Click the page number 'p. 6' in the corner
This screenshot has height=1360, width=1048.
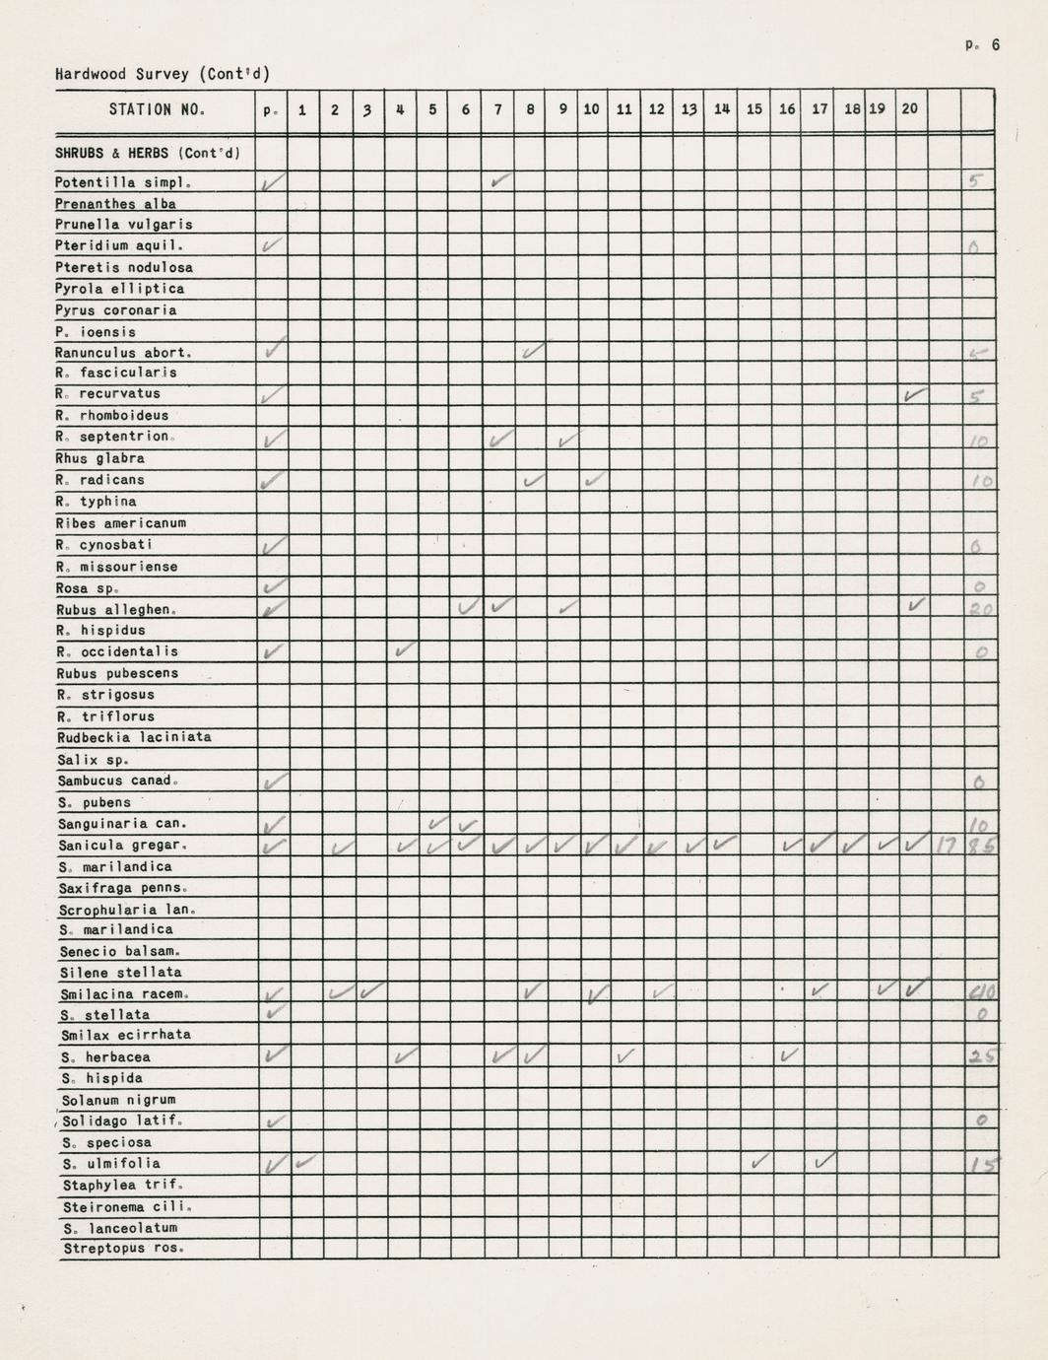point(982,44)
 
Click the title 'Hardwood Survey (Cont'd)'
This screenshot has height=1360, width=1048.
point(163,74)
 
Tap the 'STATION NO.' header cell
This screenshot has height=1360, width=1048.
point(157,109)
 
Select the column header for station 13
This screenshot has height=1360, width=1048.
point(688,109)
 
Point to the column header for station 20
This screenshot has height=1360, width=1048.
point(909,108)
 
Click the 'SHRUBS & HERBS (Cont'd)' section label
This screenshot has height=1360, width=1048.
point(148,153)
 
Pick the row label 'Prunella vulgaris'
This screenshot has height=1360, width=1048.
point(124,225)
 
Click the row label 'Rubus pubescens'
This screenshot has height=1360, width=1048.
point(118,673)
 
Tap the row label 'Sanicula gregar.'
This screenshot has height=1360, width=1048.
point(122,845)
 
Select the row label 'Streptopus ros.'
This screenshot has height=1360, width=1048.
point(123,1249)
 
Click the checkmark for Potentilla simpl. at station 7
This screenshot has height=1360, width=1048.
point(501,181)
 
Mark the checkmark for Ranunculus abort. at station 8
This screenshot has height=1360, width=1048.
point(533,351)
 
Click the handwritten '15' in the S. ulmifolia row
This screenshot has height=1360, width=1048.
point(981,1164)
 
